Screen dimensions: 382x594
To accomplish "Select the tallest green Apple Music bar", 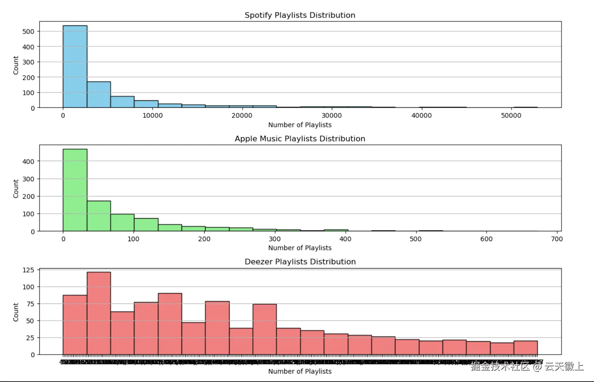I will (x=75, y=190).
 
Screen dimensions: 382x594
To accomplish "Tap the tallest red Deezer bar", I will (x=99, y=313).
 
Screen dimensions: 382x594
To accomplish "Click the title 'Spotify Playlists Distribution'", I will (x=300, y=15).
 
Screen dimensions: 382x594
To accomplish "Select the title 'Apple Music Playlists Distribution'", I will (x=300, y=138).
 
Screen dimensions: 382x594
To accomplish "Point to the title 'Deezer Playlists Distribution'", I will (x=300, y=262).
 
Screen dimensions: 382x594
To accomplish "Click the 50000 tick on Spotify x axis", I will (x=511, y=115).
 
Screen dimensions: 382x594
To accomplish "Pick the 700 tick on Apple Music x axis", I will (x=557, y=239).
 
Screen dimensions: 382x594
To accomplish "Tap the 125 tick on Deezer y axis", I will (x=29, y=270).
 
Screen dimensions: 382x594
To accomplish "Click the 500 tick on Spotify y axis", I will (x=29, y=31).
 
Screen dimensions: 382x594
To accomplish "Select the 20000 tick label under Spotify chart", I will (x=242, y=115).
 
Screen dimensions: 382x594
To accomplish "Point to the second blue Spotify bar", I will (x=99, y=95).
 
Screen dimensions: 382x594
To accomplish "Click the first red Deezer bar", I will (x=75, y=325).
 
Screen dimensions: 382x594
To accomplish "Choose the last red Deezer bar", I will (x=525, y=348).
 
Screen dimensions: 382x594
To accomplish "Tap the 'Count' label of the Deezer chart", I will (x=16, y=312).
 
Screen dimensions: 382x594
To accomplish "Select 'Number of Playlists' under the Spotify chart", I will (x=300, y=125).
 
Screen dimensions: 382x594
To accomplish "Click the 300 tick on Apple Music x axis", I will (x=274, y=239).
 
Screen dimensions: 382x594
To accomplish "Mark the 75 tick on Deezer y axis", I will (x=30, y=304).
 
